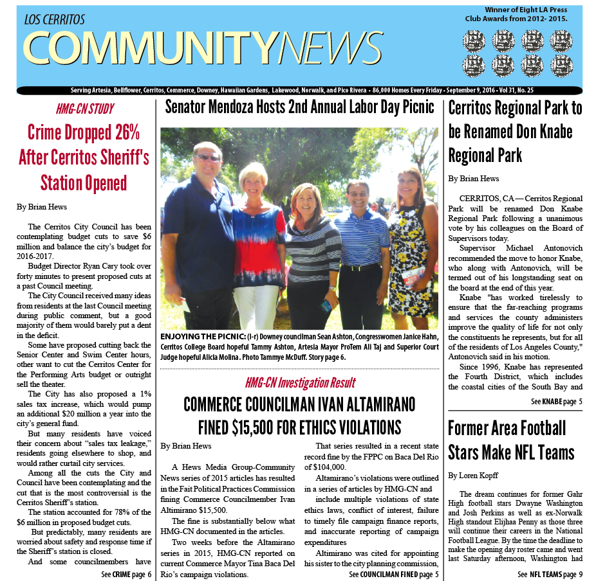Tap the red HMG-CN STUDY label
[x=85, y=109]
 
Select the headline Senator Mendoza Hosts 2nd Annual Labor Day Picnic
[x=299, y=107]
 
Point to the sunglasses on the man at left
[x=207, y=158]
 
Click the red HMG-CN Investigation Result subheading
[x=300, y=384]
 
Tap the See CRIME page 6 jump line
[x=126, y=574]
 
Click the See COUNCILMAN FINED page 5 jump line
[x=394, y=574]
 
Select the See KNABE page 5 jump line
[x=557, y=401]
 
